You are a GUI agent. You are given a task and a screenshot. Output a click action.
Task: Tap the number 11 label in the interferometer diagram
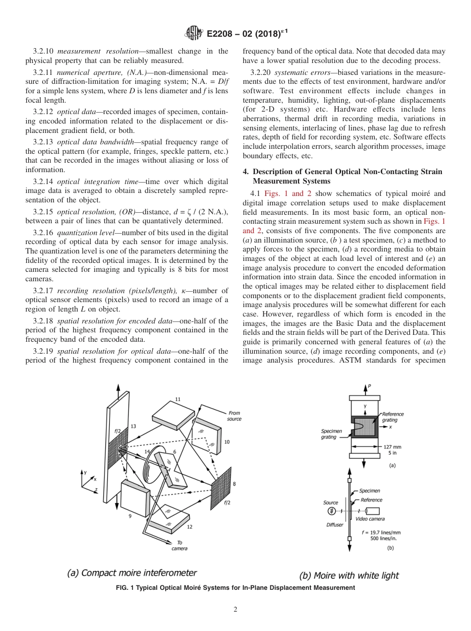(x=177, y=399)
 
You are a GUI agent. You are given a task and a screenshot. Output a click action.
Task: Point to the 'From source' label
(x=234, y=416)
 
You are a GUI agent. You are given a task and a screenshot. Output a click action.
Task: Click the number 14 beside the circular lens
(x=147, y=451)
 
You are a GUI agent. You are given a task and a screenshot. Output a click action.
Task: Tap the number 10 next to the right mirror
(x=228, y=442)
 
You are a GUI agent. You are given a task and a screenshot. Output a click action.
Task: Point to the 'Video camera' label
(x=370, y=519)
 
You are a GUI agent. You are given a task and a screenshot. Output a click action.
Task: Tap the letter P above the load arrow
(x=369, y=386)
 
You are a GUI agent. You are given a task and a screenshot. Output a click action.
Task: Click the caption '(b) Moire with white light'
(x=349, y=575)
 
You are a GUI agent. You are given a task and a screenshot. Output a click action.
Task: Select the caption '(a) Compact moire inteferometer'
(x=132, y=573)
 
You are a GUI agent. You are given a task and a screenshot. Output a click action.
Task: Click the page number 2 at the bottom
(x=235, y=610)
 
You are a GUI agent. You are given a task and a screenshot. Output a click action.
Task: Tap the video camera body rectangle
(x=373, y=511)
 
